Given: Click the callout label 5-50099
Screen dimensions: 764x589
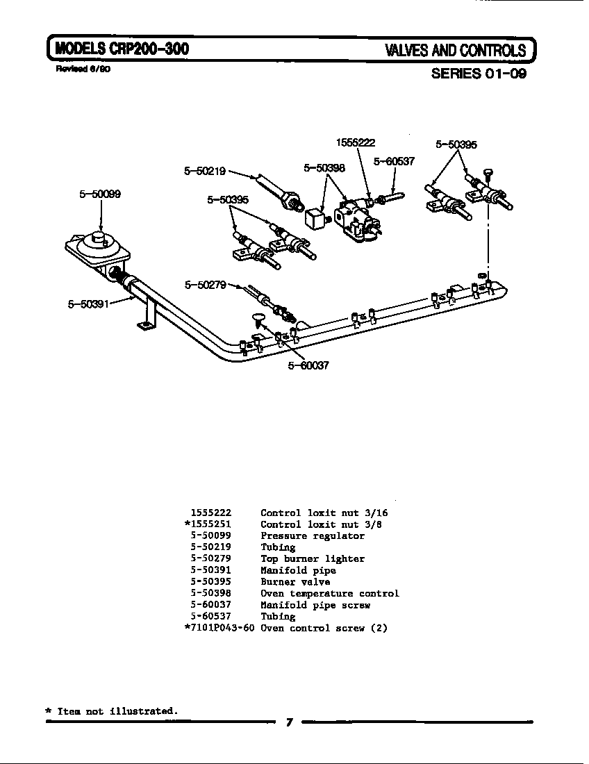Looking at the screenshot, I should (100, 194).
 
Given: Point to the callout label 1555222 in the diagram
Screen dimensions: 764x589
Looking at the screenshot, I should (356, 143).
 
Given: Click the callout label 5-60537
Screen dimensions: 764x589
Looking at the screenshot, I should (394, 161).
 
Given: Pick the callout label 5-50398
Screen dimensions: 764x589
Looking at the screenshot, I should (324, 168).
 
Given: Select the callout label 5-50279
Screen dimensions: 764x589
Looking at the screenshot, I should (206, 284).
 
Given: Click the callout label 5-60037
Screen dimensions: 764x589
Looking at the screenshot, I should (308, 366).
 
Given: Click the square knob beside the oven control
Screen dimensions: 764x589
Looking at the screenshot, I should (315, 218).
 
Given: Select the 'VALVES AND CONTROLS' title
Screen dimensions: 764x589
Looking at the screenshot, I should (456, 51).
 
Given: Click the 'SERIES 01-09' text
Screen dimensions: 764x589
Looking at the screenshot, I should (479, 74).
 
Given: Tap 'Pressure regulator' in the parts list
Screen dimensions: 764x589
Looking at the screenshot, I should (312, 536).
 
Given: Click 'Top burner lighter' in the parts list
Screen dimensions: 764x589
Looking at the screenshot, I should (312, 559).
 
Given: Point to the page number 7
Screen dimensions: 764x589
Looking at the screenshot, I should (289, 723).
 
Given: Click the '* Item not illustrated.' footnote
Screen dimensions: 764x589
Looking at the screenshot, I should (111, 711).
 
